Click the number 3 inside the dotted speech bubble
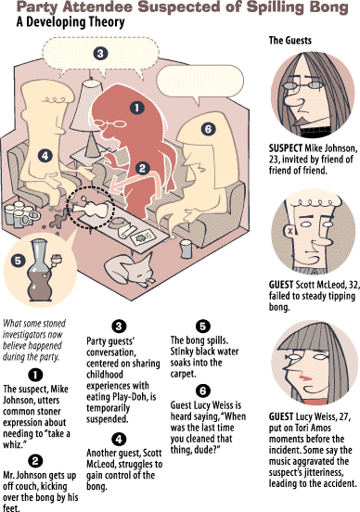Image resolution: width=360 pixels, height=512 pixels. point(100,53)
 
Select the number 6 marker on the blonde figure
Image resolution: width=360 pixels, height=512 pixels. point(208,129)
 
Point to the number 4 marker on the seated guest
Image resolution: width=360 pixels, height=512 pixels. point(45,156)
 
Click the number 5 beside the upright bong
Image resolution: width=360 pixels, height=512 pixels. point(18,261)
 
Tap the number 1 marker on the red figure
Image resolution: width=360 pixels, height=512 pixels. point(136,108)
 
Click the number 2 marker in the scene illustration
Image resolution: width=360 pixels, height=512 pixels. point(142,168)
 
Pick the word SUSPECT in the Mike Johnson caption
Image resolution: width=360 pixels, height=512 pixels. point(286,148)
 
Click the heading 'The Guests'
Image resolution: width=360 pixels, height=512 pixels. point(290,41)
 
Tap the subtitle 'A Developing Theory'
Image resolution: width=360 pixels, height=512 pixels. point(71,22)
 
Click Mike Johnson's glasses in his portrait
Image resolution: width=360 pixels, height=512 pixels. point(302,86)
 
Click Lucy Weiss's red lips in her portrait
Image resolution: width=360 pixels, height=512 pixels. point(304,378)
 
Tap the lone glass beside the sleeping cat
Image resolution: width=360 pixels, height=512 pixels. point(186,250)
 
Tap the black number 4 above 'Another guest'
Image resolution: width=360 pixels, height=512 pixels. point(119,439)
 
